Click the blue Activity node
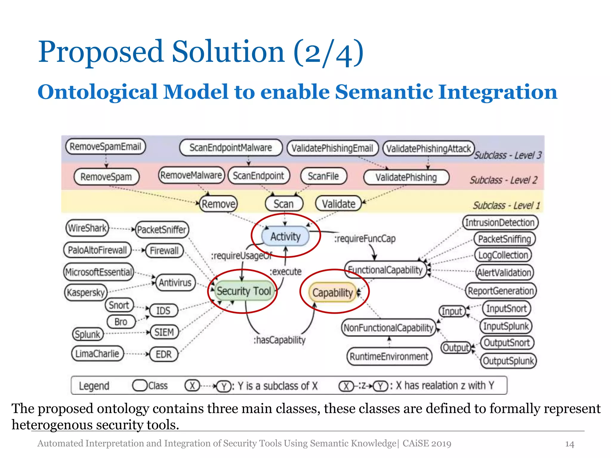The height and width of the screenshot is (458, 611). (x=285, y=236)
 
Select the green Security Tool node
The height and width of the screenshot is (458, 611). (x=243, y=291)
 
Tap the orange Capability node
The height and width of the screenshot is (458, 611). (x=332, y=293)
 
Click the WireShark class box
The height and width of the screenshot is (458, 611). (x=87, y=228)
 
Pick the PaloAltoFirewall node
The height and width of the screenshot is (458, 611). (x=97, y=250)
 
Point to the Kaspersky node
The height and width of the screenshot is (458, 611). (x=86, y=293)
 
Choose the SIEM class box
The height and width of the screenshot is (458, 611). (x=164, y=332)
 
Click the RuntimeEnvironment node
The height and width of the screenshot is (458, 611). (x=389, y=356)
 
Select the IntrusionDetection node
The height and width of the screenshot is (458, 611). (x=500, y=222)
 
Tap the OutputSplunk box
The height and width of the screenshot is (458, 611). (x=508, y=361)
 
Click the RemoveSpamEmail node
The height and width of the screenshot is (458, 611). (x=105, y=146)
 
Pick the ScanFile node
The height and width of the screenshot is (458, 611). (x=323, y=176)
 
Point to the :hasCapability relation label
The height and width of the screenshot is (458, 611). (x=280, y=340)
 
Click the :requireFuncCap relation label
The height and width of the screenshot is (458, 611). (x=365, y=239)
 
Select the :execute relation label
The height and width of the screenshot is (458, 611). (x=286, y=272)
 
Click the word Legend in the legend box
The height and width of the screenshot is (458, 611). (x=94, y=386)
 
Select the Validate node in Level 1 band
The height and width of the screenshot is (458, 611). (x=338, y=204)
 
